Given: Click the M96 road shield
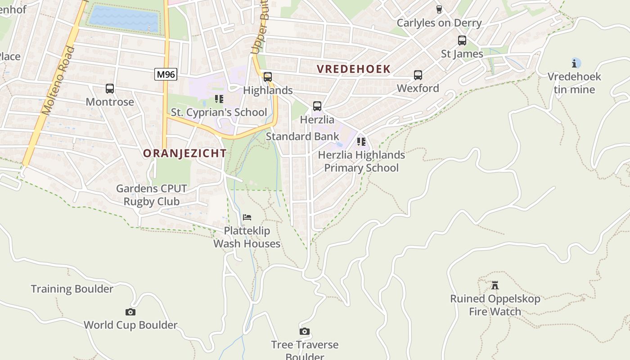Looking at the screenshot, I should coord(166,74).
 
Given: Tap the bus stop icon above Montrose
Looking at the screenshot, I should coord(110,89).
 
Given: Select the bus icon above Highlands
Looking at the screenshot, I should coord(268,77).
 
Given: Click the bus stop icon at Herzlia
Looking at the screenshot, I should coord(317,106).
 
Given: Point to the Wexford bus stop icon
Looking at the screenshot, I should coord(418,75).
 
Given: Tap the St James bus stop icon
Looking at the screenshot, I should coord(462,40).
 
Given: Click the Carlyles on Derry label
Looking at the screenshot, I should coord(439,23).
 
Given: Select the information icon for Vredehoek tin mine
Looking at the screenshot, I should coord(576,63).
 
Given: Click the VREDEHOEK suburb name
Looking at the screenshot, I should coord(354,69).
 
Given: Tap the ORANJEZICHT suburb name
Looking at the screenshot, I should coord(185,153).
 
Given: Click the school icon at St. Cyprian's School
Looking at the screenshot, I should coord(219,99).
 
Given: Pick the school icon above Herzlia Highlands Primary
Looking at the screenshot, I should coord(361,142).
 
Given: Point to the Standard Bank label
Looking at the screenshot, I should coord(302,136).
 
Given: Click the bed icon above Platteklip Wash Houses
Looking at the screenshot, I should coord(247,218).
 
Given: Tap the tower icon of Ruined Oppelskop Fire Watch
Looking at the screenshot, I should coord(495,285).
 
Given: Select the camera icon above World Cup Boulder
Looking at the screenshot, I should coord(130,312).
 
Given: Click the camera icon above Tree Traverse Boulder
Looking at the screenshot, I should coord(305,332).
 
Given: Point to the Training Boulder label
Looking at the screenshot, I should coord(72,289).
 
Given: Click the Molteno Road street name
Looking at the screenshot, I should coord(58,81).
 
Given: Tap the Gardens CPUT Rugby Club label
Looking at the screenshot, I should coord(152,195).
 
